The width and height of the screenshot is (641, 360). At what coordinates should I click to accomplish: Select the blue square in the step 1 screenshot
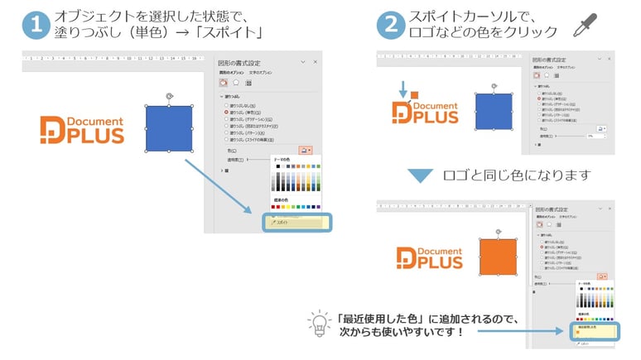pos(169,128)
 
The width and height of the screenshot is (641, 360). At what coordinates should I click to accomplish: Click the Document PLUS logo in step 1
pos(82,129)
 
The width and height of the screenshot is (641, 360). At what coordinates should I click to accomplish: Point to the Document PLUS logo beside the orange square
pos(427,257)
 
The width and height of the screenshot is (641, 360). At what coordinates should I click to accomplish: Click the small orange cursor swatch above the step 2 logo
pos(414,96)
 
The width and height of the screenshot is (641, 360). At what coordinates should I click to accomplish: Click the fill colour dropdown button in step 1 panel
pos(306,151)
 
